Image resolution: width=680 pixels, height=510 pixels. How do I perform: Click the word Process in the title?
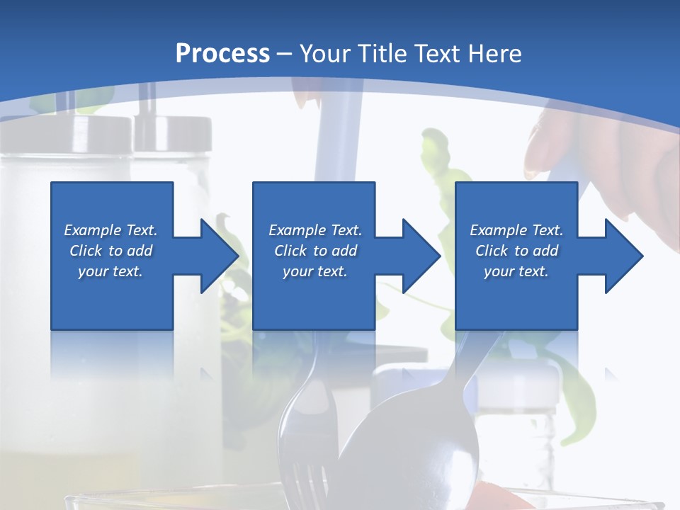[222, 54]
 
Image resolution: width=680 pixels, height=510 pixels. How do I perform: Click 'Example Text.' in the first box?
[110, 230]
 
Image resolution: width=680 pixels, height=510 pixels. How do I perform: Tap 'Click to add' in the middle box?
[315, 251]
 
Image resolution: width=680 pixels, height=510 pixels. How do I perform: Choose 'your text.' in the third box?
[516, 271]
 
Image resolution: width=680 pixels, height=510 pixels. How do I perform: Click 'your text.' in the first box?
[110, 271]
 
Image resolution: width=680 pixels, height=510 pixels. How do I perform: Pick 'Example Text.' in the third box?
[516, 230]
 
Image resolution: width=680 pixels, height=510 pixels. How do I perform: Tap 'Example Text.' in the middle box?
[315, 230]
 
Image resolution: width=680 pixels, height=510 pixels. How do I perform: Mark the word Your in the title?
[324, 54]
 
